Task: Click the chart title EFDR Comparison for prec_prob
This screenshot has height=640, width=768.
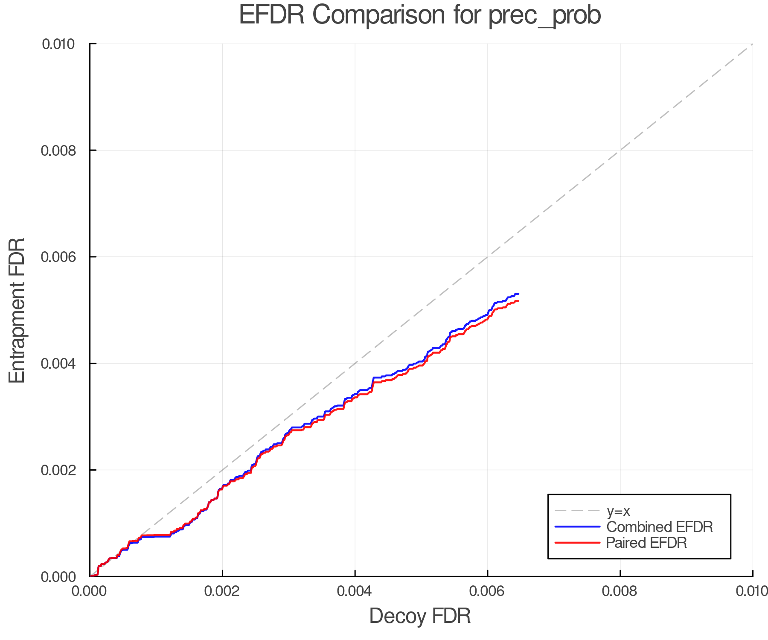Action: pyautogui.click(x=420, y=15)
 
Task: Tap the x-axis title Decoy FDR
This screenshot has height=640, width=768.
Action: pyautogui.click(x=420, y=616)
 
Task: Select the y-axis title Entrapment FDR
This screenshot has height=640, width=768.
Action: pyautogui.click(x=17, y=310)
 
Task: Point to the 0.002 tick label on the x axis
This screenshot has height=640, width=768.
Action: pyautogui.click(x=222, y=591)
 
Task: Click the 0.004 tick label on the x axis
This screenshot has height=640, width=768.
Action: pyautogui.click(x=355, y=591)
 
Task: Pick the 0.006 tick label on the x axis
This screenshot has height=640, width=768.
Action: pyautogui.click(x=487, y=591)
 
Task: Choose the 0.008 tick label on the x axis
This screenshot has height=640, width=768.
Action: pyautogui.click(x=620, y=591)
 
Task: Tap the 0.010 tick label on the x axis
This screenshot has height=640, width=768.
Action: pyautogui.click(x=752, y=591)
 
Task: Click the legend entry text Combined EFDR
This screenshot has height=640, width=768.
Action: pyautogui.click(x=660, y=527)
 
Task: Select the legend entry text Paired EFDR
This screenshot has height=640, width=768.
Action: pyautogui.click(x=646, y=543)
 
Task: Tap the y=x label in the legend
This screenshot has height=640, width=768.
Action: pyautogui.click(x=618, y=511)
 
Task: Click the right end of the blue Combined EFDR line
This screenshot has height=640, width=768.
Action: pyautogui.click(x=518, y=294)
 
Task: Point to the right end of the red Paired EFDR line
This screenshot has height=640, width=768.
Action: pyautogui.click(x=518, y=301)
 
